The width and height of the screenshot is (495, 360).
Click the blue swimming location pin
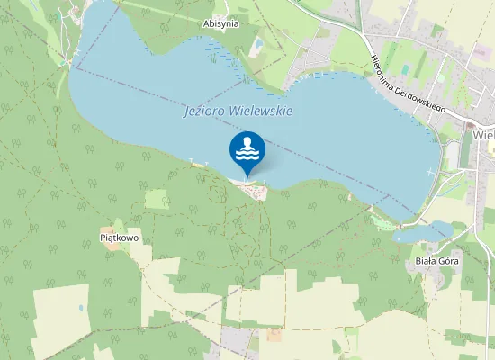click(247, 150)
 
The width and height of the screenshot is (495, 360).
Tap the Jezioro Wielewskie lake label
click(238, 112)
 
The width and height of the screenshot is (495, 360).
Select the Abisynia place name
click(220, 23)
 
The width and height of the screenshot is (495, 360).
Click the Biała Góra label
click(437, 261)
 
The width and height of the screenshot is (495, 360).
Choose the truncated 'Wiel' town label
click(483, 135)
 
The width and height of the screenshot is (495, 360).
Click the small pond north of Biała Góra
click(423, 233)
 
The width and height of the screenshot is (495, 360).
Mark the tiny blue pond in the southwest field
click(80, 308)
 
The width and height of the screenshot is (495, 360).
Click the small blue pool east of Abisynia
click(259, 42)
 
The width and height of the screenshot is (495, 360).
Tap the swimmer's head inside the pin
click(247, 142)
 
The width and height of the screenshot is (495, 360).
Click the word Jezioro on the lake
click(203, 112)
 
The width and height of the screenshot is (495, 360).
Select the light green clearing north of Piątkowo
click(156, 199)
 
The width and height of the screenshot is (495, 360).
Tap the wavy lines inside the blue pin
click(247, 155)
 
